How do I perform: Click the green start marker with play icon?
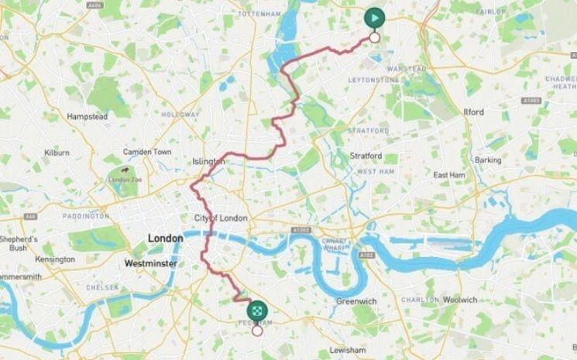(x=374, y=18)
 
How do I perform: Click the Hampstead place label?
(x=86, y=116)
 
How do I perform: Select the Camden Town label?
(x=147, y=152)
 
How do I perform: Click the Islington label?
(x=208, y=162)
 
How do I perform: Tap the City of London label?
(x=221, y=218)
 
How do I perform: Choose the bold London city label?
(x=165, y=238)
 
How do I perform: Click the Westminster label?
(x=150, y=264)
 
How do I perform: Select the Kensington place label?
(x=55, y=259)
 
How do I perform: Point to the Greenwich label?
(x=356, y=301)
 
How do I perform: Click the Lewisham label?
(x=346, y=350)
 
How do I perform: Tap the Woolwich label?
(x=482, y=300)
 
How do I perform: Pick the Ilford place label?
(x=473, y=112)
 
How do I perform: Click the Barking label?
(x=488, y=159)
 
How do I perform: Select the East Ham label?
(x=448, y=175)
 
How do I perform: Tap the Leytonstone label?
(x=373, y=80)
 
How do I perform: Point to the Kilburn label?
(x=57, y=153)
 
